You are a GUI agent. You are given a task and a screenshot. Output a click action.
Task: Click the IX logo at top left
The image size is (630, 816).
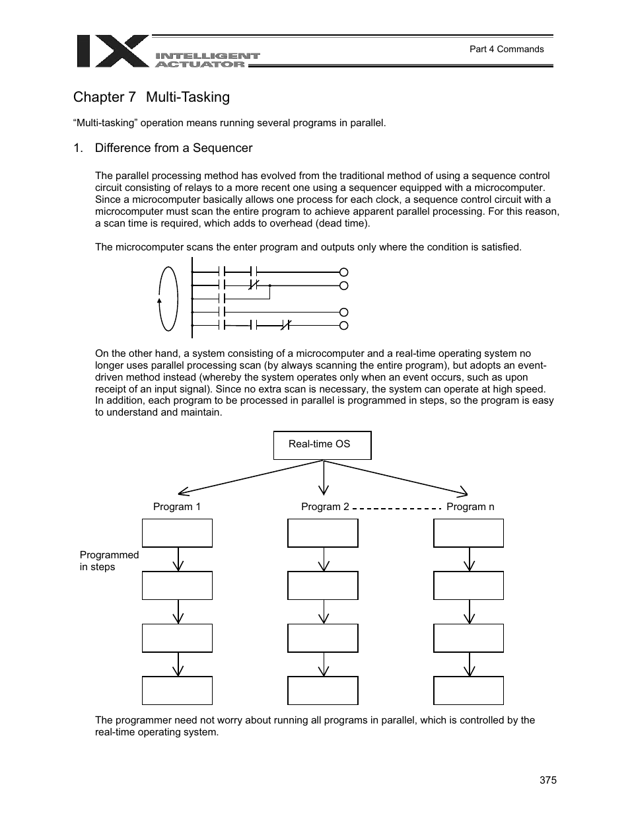click(112, 51)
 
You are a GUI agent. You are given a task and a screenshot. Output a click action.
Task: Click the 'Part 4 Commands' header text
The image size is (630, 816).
click(506, 49)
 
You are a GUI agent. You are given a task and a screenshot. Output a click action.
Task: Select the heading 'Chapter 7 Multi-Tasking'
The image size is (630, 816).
click(151, 97)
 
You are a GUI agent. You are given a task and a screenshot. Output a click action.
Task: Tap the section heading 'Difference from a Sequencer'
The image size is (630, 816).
click(173, 148)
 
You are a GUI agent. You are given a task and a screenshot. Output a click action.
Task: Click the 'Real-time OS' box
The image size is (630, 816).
click(322, 445)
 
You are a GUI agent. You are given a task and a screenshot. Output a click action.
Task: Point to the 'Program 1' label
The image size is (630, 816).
click(176, 507)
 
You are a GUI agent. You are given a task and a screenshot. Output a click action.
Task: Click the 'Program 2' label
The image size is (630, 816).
click(325, 507)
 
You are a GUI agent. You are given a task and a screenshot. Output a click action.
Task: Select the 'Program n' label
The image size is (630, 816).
click(470, 507)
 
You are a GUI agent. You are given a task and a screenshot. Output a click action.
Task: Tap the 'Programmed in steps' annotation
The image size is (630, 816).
click(109, 561)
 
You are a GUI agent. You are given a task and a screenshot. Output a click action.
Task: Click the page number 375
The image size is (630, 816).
click(547, 780)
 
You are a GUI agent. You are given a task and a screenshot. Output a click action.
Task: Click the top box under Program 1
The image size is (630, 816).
click(177, 533)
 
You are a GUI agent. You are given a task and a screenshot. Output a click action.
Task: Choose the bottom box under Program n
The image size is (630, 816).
click(468, 690)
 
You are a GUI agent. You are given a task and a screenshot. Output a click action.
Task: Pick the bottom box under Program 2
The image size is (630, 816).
click(323, 690)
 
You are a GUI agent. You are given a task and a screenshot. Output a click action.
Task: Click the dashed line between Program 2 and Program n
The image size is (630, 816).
click(397, 508)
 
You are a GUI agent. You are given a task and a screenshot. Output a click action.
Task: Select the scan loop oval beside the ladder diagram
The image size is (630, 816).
click(169, 299)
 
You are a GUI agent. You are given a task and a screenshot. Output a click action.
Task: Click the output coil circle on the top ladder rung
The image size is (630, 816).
click(343, 272)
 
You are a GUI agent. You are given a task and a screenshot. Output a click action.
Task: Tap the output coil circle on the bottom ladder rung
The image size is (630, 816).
click(343, 325)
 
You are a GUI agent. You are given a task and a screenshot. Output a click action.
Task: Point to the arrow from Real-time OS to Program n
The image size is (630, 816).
click(396, 476)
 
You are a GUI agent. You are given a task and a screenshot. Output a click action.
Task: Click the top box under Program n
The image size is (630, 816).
click(468, 533)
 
